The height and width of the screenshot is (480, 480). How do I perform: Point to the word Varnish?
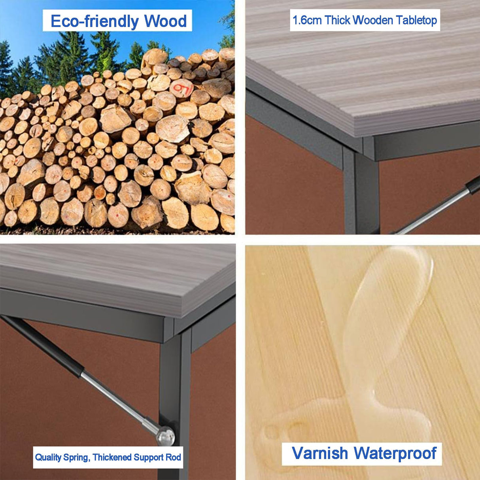click(320, 453)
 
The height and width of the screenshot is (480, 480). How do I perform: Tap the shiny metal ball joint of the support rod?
click(165, 436)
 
